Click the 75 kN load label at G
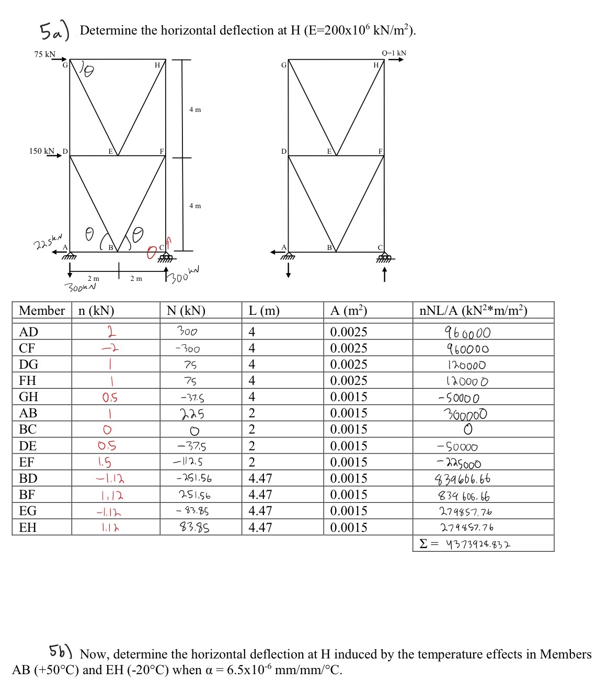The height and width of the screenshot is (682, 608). pyautogui.click(x=44, y=54)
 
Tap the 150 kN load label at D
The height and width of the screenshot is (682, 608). pyautogui.click(x=42, y=151)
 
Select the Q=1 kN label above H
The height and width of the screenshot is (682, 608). pyautogui.click(x=394, y=53)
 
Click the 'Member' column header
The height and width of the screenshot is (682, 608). pyautogui.click(x=42, y=311)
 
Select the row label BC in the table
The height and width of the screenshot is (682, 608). pyautogui.click(x=28, y=429)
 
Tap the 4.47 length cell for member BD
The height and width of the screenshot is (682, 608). pyautogui.click(x=260, y=479)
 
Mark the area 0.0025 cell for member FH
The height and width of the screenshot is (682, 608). pyautogui.click(x=349, y=381)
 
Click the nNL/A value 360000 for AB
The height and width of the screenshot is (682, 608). pyautogui.click(x=467, y=414)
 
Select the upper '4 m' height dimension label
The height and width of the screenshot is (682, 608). pyautogui.click(x=195, y=110)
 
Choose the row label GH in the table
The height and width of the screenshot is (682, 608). pyautogui.click(x=28, y=397)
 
